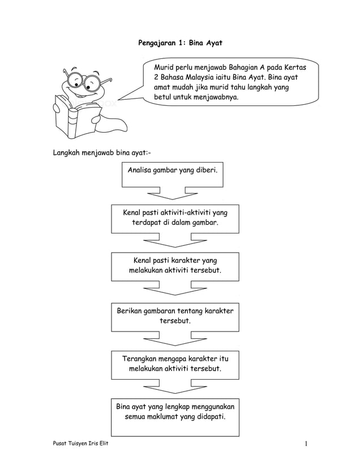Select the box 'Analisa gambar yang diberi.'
(172, 173)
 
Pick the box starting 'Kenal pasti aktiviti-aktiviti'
(175, 218)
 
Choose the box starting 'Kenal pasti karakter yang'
(175, 266)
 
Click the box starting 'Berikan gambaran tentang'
(175, 316)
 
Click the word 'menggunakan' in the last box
(216, 407)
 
